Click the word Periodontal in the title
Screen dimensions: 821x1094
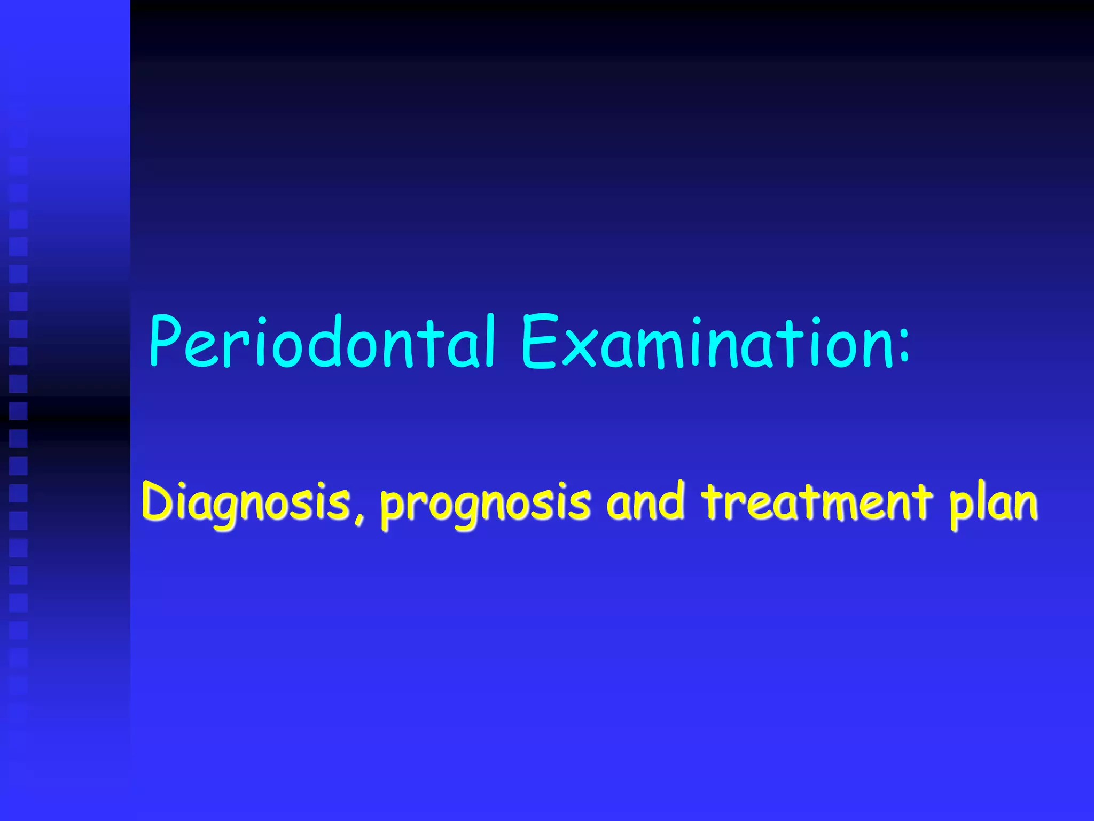point(322,342)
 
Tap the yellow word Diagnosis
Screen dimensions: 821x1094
point(246,502)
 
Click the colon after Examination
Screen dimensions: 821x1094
point(903,350)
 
